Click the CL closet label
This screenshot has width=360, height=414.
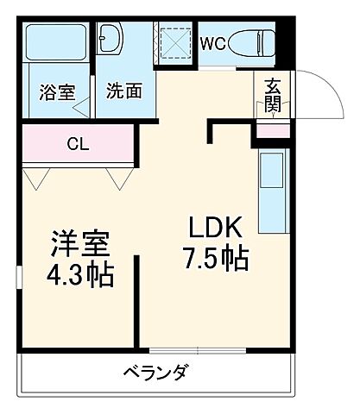[78, 145]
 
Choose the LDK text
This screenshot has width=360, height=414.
[218, 229]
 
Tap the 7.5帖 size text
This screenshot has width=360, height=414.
[218, 259]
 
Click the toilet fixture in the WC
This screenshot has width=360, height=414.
[256, 42]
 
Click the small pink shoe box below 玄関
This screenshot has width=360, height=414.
[272, 131]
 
